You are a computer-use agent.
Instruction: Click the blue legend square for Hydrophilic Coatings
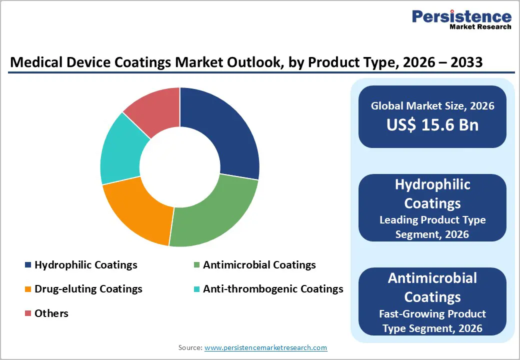(28, 265)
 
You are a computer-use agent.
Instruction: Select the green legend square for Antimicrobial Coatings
(196, 265)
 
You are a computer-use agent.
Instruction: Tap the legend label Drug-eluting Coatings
(88, 289)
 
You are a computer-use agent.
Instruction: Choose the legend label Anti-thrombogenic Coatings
(273, 289)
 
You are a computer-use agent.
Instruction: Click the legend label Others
(51, 313)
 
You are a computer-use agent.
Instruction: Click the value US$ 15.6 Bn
(432, 125)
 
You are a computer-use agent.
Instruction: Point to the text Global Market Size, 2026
(432, 105)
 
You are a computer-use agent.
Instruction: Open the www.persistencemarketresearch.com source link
(265, 347)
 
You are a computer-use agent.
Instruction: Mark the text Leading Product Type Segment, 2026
(432, 227)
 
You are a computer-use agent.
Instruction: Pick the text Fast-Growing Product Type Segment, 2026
(432, 321)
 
